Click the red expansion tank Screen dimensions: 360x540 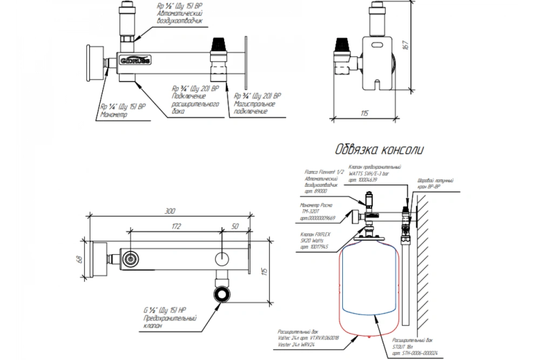pos(370,286)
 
